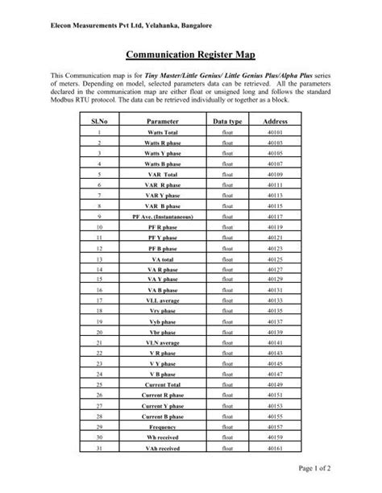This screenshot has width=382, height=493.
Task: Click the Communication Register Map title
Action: (191, 57)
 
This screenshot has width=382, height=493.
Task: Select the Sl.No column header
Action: (98, 119)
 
